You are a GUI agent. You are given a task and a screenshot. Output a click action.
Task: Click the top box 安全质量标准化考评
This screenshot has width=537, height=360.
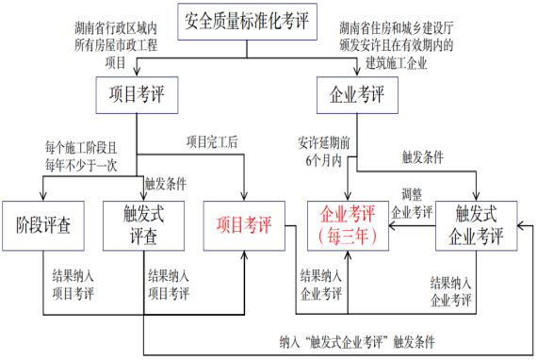pos(248,18)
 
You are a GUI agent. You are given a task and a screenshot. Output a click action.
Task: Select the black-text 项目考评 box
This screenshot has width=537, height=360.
pos(137,95)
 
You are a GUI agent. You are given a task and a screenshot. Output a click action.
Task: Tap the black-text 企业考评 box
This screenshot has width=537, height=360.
pos(357,95)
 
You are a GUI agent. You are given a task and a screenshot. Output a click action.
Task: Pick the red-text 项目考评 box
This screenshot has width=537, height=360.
pos(244,225)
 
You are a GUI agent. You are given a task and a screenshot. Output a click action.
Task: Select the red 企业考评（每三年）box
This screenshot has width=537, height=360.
pos(349,225)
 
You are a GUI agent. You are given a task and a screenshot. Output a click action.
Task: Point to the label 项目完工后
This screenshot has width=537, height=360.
pos(212,142)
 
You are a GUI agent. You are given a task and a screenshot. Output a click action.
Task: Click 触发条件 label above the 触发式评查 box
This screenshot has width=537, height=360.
pos(166,184)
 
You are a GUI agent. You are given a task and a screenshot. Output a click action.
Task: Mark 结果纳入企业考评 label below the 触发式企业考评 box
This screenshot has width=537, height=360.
pos(451,290)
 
